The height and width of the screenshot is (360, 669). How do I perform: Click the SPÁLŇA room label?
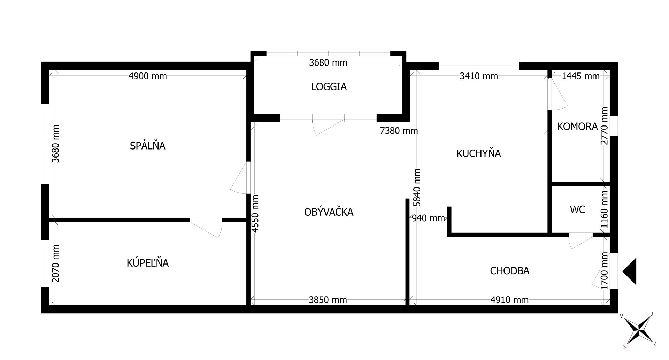point(147,145)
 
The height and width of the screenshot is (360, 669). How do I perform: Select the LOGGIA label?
point(329,86)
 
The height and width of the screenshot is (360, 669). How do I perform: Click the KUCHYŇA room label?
point(478,153)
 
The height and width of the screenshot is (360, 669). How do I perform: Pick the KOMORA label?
point(577,126)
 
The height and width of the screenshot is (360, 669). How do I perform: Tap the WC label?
point(577,209)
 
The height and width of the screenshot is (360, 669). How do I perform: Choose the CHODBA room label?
point(509,270)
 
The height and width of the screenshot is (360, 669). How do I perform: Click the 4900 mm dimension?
point(147,76)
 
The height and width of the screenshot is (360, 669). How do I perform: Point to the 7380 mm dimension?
point(399,131)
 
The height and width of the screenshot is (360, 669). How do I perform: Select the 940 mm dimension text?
point(428,218)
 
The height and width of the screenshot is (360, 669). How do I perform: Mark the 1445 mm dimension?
point(580,76)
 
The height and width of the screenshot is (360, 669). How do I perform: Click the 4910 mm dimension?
point(509,300)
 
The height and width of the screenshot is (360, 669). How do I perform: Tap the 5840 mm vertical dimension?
point(417,187)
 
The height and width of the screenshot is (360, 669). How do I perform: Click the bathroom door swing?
point(209,228)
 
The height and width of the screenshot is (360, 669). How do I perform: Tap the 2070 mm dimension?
point(55,263)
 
